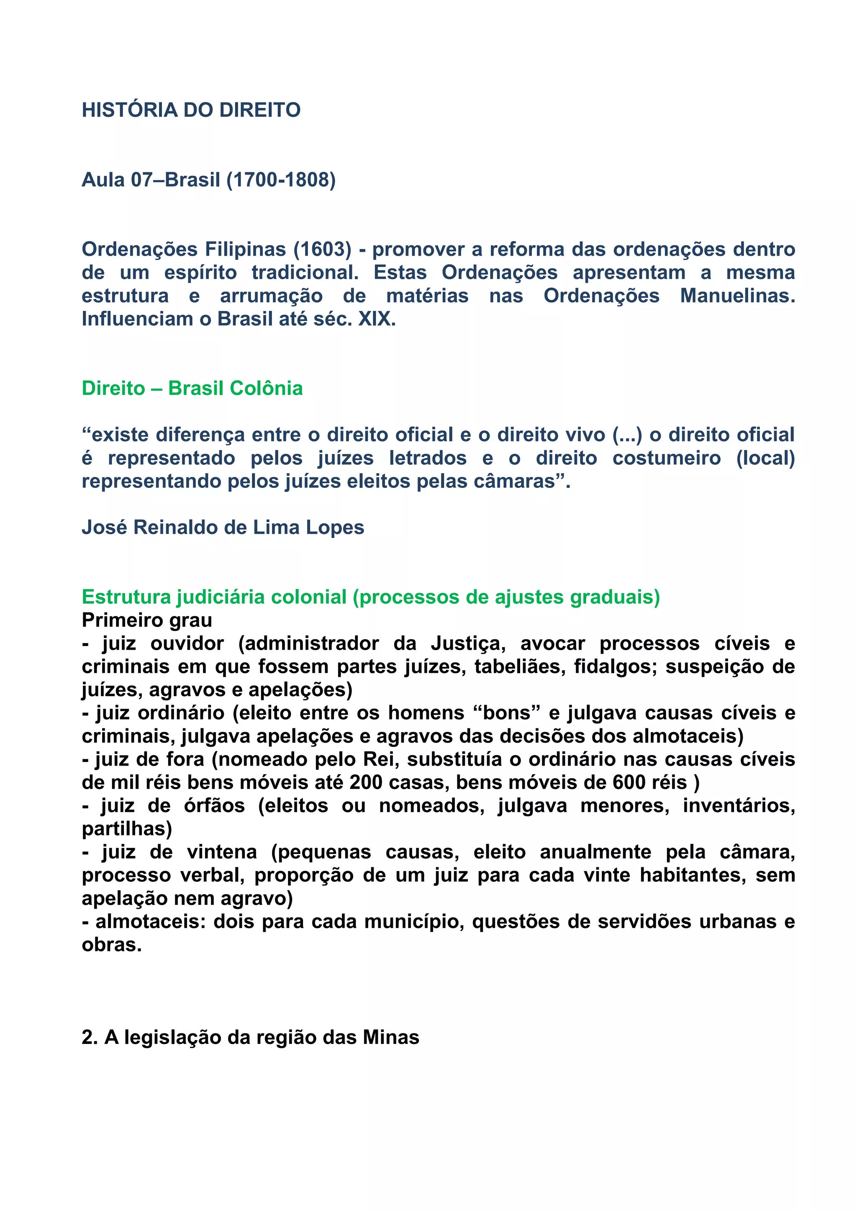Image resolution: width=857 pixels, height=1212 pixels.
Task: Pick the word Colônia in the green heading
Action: coord(264,389)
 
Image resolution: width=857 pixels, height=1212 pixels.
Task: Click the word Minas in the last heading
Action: coord(391,1038)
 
